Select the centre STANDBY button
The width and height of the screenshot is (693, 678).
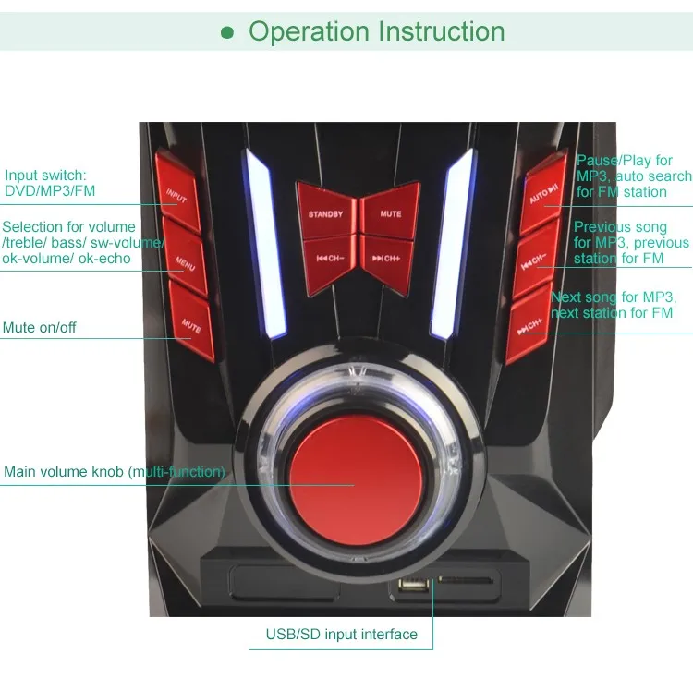pos(325,213)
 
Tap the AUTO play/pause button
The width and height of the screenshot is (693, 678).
pos(542,197)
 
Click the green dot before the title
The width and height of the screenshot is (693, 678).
pos(228,33)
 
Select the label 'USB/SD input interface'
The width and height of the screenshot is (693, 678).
pos(341,635)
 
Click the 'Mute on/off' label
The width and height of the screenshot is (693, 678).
pos(40,328)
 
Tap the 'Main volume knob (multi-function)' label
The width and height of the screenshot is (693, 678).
pos(115,472)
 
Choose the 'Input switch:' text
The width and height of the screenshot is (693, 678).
pos(45,176)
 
